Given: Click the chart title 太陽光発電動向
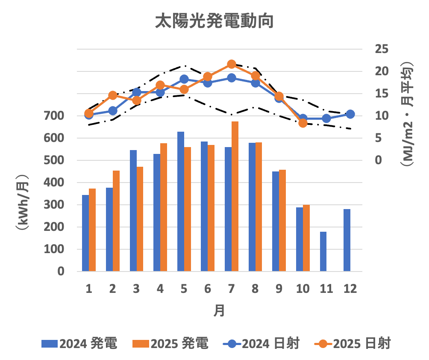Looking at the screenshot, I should tap(214, 21).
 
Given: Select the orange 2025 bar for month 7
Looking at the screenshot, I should tap(235, 197).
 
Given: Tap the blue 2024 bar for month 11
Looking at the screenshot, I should tap(323, 251).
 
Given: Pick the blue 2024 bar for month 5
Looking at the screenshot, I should tap(181, 201).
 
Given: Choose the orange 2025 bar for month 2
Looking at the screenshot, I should tap(116, 221).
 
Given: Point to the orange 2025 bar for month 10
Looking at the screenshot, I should tap(306, 238).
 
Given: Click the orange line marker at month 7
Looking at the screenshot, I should tap(232, 64).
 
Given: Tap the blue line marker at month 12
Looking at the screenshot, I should tap(350, 114).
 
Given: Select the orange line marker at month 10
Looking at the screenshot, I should tap(303, 123).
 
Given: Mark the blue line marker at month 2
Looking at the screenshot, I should tap(113, 111).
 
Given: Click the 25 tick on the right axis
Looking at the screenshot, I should tap(382, 49).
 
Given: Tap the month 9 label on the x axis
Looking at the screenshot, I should tap(279, 289).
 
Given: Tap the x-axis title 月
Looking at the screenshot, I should tap(219, 310).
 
